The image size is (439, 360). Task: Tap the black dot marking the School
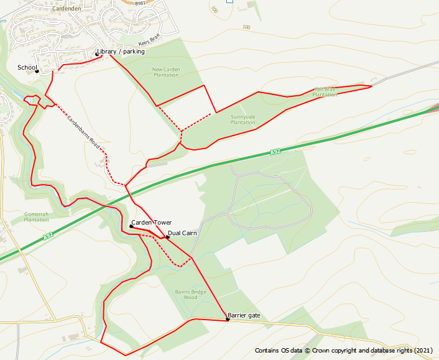click(37, 71)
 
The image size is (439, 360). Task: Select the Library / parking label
click(121, 52)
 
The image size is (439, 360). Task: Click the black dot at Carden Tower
click(131, 226)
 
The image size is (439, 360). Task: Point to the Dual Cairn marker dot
click(167, 237)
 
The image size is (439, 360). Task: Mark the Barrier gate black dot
click(228, 320)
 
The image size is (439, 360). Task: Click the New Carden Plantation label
click(165, 72)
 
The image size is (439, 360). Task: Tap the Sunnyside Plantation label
click(243, 119)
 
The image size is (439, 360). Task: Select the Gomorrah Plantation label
click(36, 216)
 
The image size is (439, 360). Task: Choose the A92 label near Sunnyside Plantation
click(276, 152)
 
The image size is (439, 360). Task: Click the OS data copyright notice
click(343, 351)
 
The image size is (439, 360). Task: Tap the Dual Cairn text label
click(182, 233)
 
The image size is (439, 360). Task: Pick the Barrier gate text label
click(244, 316)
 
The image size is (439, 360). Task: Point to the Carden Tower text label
click(151, 223)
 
